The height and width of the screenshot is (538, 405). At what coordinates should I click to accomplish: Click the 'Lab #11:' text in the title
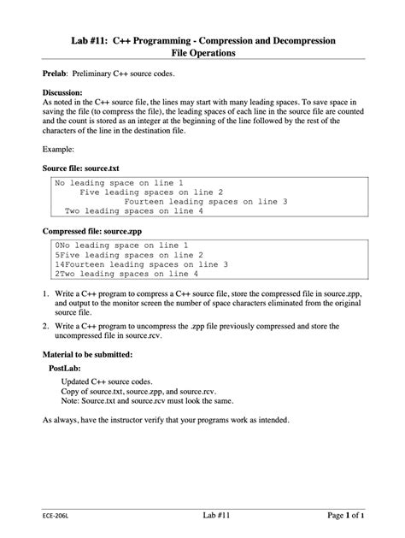pos(93,40)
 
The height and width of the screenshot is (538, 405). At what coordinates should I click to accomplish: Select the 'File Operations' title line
pos(202,53)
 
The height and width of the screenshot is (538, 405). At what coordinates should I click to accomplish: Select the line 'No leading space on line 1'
pos(119,183)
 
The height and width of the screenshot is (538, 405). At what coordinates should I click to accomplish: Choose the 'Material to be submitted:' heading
pos(87,354)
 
